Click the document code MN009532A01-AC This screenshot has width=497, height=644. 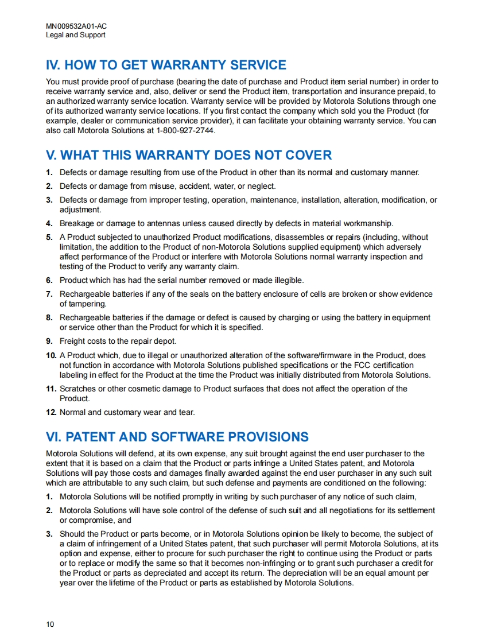click(76, 26)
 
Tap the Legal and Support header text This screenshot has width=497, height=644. click(75, 35)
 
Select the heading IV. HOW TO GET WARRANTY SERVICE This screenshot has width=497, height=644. click(166, 65)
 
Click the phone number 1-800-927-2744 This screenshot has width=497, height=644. click(185, 130)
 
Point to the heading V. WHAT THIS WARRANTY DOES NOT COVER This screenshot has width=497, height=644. click(189, 155)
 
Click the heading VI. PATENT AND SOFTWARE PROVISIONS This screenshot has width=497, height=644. click(177, 437)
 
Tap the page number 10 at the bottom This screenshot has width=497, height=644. click(50, 624)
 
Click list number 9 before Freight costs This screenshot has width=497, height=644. click(49, 342)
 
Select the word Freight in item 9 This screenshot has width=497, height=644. click(72, 342)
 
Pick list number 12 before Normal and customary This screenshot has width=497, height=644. click(51, 412)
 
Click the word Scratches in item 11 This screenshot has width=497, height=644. click(77, 389)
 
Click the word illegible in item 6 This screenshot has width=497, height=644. click(286, 280)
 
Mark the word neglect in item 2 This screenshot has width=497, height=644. click(261, 186)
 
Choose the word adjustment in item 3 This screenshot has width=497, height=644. click(80, 210)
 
